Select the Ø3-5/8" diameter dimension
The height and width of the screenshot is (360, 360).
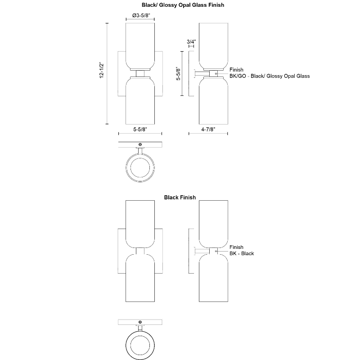140,15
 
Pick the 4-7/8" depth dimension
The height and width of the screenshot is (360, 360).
208,129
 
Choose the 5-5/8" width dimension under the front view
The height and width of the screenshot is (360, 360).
140,129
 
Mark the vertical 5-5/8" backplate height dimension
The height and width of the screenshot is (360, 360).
178,73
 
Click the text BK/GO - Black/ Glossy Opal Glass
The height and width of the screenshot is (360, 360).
270,76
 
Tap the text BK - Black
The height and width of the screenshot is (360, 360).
242,253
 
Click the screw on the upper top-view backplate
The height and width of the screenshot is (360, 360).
140,144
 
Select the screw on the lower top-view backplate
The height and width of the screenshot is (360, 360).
140,322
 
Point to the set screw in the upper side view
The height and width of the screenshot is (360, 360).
216,73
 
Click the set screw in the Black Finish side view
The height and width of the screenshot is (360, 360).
216,251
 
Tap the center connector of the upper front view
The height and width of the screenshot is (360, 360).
140,73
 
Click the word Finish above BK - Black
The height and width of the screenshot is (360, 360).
236,247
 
